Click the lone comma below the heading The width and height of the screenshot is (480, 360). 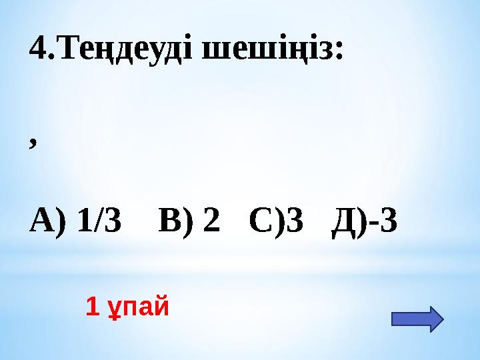(33, 143)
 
